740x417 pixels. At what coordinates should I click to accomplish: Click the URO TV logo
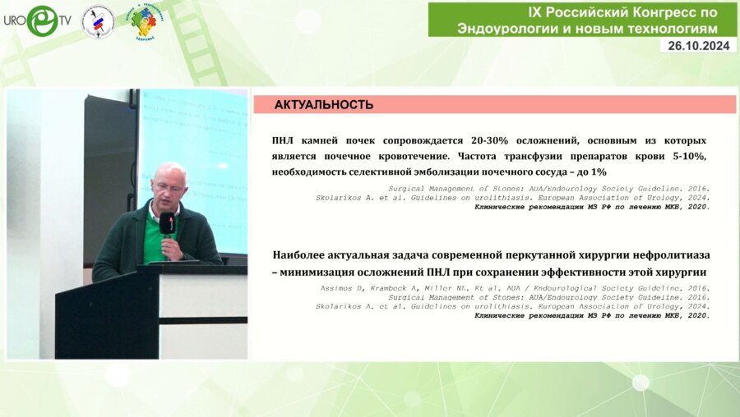[x=36, y=21]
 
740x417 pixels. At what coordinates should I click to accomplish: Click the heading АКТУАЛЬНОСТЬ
[x=323, y=105]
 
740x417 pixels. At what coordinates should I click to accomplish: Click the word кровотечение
[x=413, y=156]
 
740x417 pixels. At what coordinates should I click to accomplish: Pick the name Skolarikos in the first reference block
[x=341, y=198]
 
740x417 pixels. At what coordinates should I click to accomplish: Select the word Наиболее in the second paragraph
[x=302, y=256]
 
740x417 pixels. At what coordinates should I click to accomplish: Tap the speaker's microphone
[x=166, y=224]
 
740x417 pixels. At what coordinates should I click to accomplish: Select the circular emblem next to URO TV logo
[x=98, y=21]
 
